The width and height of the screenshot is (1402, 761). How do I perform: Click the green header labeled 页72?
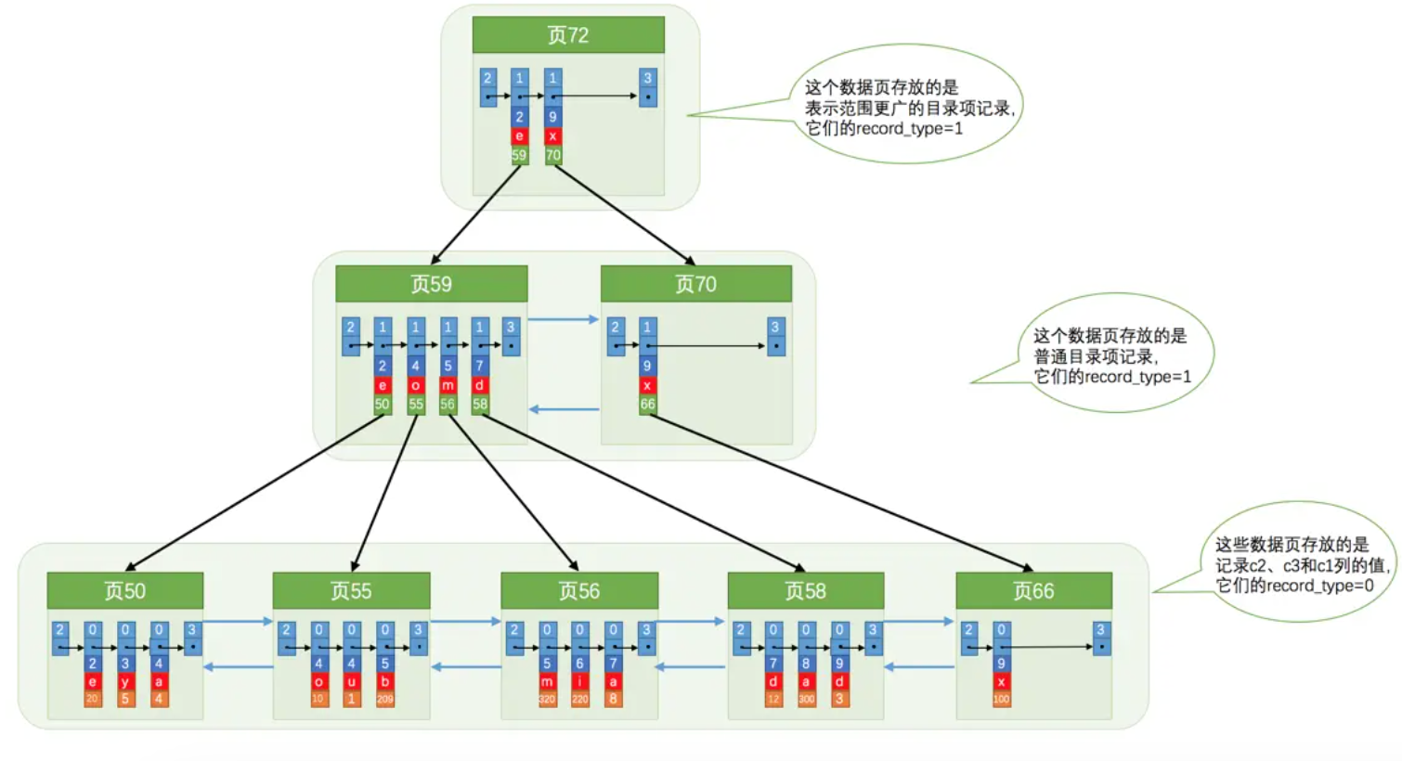click(568, 35)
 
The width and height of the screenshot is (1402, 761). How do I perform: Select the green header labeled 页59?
click(432, 284)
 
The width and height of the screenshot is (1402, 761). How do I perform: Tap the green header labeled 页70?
click(696, 284)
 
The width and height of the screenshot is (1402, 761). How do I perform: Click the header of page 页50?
click(125, 591)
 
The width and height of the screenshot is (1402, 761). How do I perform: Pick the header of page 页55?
click(351, 591)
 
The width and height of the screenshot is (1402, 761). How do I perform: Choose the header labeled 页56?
click(579, 591)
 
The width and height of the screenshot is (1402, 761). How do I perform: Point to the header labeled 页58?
click(806, 591)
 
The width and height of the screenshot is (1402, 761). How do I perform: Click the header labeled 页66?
click(1033, 591)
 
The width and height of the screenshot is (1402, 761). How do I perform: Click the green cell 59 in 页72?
click(519, 156)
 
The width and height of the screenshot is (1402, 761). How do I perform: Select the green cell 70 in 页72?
click(553, 156)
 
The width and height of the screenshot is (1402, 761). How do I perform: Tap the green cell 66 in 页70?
click(647, 405)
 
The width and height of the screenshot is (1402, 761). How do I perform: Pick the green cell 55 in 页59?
click(416, 405)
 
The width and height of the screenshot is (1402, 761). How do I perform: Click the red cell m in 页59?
click(448, 385)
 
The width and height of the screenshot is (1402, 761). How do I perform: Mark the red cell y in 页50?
click(125, 682)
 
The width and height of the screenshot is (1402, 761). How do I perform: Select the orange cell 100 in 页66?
click(1001, 699)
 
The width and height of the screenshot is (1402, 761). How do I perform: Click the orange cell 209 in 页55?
click(385, 699)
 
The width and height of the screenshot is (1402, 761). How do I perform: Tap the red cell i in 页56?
click(580, 682)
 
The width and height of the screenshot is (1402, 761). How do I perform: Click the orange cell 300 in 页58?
click(807, 699)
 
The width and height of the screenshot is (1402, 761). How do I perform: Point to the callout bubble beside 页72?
click(905, 107)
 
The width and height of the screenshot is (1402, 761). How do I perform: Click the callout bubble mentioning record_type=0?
click(1300, 564)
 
